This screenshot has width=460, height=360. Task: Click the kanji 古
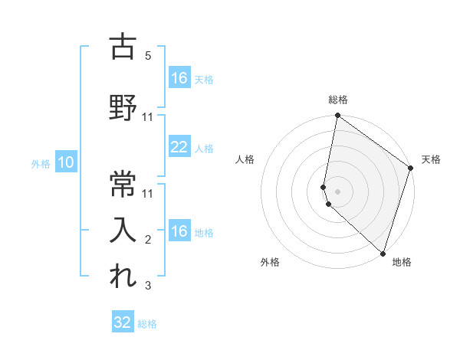pyautogui.click(x=123, y=48)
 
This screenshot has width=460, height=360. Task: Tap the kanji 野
pyautogui.click(x=123, y=106)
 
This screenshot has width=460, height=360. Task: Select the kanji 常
pyautogui.click(x=123, y=182)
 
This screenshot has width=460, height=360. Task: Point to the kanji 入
pyautogui.click(x=123, y=228)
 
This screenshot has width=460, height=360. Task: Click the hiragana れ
pyautogui.click(x=123, y=276)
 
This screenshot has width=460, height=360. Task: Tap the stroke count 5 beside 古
pyautogui.click(x=148, y=56)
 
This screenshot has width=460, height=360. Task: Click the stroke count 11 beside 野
pyautogui.click(x=148, y=117)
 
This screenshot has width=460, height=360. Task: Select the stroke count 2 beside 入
pyautogui.click(x=148, y=240)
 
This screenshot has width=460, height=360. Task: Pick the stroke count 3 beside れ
pyautogui.click(x=148, y=286)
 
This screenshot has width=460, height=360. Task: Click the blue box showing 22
pyautogui.click(x=179, y=147)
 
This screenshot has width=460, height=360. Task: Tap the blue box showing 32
pyautogui.click(x=123, y=322)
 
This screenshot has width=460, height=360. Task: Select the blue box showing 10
pyautogui.click(x=66, y=162)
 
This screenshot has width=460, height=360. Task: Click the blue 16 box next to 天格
pyautogui.click(x=179, y=78)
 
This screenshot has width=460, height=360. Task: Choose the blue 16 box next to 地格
pyautogui.click(x=179, y=231)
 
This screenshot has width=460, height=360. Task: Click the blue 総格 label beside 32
pyautogui.click(x=147, y=324)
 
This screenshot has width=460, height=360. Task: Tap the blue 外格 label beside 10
pyautogui.click(x=41, y=163)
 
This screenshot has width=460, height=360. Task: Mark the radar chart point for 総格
pyautogui.click(x=337, y=116)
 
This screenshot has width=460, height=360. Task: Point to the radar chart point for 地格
pyautogui.click(x=383, y=254)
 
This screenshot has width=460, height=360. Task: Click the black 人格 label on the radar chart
pyautogui.click(x=245, y=159)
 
